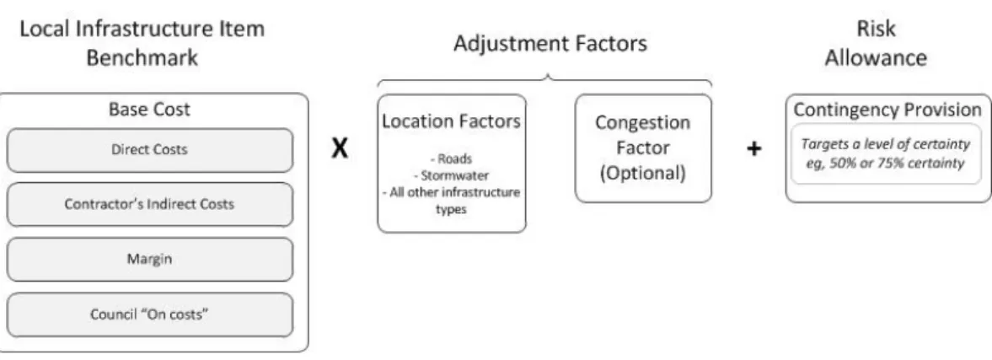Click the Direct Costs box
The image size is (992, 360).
pyautogui.click(x=150, y=150)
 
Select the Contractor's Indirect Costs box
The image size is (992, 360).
pyautogui.click(x=150, y=204)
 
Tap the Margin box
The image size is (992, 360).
pyautogui.click(x=150, y=260)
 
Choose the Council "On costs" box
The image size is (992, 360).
pyautogui.click(x=150, y=314)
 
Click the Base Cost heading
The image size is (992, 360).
pyautogui.click(x=149, y=110)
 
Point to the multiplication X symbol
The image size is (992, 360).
pyautogui.click(x=340, y=148)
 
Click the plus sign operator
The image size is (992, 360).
pyautogui.click(x=753, y=149)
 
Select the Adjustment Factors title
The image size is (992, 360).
pyautogui.click(x=550, y=44)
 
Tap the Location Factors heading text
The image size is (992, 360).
pyautogui.click(x=451, y=121)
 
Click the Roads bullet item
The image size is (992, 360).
pyautogui.click(x=451, y=159)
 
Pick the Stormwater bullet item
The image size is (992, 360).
pyautogui.click(x=451, y=175)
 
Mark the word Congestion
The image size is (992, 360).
pyautogui.click(x=643, y=123)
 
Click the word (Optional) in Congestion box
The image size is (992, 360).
pyautogui.click(x=643, y=173)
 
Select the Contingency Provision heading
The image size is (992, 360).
pyautogui.click(x=887, y=110)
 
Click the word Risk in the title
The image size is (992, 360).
pyautogui.click(x=877, y=29)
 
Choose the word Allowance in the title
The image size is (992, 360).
pyautogui.click(x=877, y=58)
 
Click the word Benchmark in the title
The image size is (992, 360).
pyautogui.click(x=142, y=58)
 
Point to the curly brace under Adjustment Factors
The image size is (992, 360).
pyautogui.click(x=544, y=80)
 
